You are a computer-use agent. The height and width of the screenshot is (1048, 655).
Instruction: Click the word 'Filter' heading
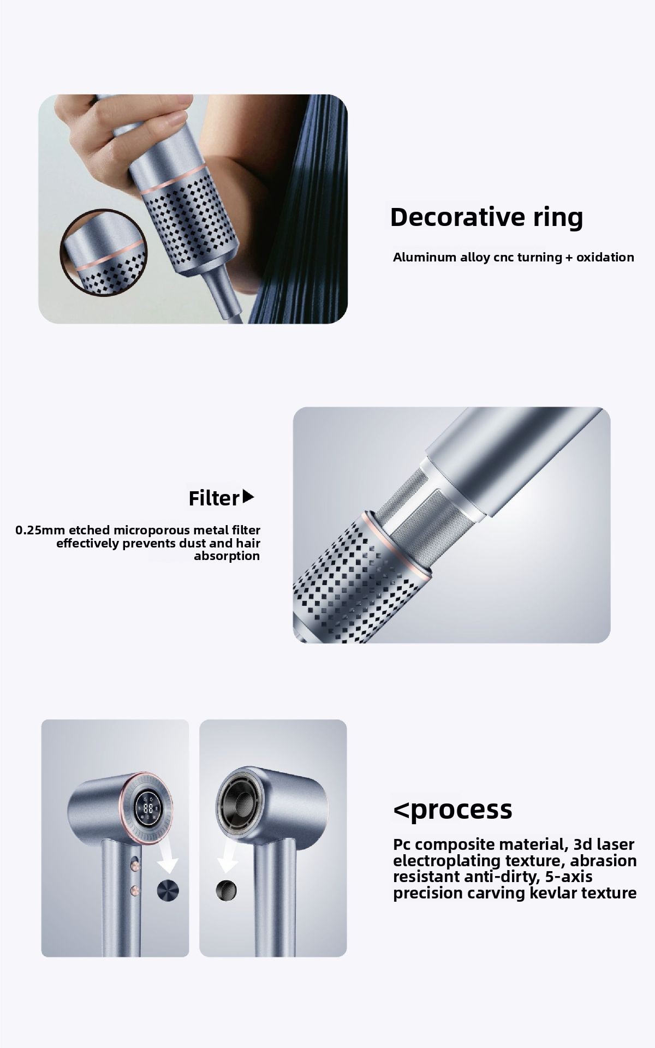tap(214, 498)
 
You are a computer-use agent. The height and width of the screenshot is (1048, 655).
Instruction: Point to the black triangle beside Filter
tap(248, 497)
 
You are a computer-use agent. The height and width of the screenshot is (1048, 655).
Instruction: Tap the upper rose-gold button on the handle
tap(134, 865)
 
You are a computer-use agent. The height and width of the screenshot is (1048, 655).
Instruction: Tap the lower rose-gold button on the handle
tap(134, 891)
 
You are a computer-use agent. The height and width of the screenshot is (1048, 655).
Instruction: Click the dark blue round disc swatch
tap(168, 890)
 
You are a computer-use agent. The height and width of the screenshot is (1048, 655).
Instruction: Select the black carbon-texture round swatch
tap(226, 890)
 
